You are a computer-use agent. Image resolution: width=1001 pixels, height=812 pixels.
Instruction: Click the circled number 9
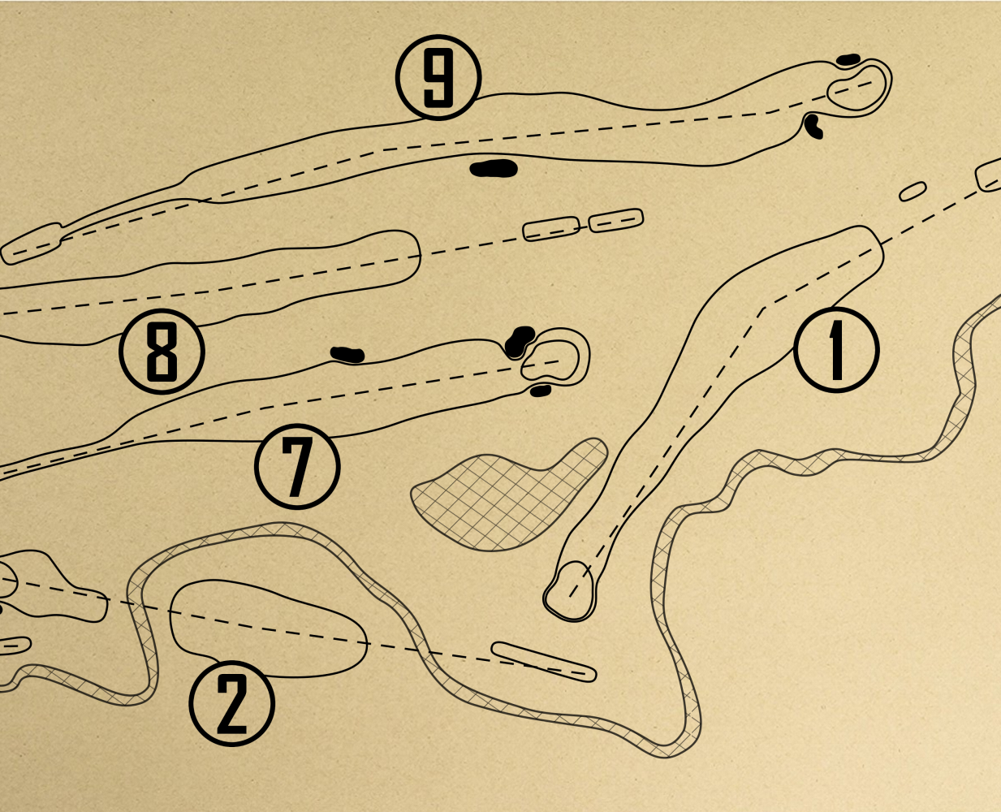pos(438,78)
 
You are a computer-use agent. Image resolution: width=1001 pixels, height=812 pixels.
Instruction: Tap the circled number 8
pos(162,352)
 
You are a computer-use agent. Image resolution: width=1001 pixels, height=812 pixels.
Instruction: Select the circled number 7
pos(296,466)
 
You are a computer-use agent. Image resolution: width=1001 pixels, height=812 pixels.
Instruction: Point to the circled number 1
pos(836,350)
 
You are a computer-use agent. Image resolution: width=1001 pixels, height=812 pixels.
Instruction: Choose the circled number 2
pos(231,704)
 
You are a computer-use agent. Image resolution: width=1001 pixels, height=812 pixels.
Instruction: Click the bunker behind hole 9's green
pos(848,59)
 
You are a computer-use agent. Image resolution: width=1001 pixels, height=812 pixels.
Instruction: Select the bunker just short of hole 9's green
pos(813,126)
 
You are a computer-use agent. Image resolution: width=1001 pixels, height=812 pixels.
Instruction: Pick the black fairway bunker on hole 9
pos(494,169)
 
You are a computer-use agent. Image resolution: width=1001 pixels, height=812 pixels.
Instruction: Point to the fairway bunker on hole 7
pos(347,354)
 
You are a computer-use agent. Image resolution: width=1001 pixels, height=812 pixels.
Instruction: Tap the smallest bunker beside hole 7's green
pos(540,391)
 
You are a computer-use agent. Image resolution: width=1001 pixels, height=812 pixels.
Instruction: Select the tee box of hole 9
pos(31,244)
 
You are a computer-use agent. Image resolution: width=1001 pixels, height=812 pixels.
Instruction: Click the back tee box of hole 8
pos(615,220)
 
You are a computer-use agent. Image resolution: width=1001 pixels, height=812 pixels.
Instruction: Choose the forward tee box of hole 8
pos(551,229)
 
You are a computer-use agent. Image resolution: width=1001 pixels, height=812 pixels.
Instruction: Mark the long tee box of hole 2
pos(544,662)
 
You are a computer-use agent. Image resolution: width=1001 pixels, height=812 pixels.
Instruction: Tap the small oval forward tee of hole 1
pos(913,192)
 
